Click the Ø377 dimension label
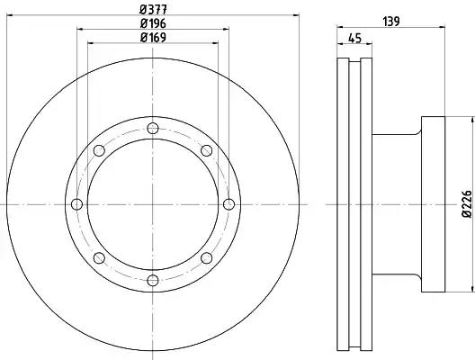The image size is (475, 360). [153, 9]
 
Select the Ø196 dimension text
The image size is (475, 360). [153, 23]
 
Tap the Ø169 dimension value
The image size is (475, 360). [153, 38]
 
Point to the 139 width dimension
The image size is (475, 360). [391, 22]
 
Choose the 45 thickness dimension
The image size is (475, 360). [354, 39]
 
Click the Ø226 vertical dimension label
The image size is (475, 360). [467, 204]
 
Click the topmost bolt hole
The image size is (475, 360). [153, 129]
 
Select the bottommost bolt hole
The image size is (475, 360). [153, 280]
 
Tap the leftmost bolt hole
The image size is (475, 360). [77, 204]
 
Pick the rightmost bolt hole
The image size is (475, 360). [229, 204]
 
